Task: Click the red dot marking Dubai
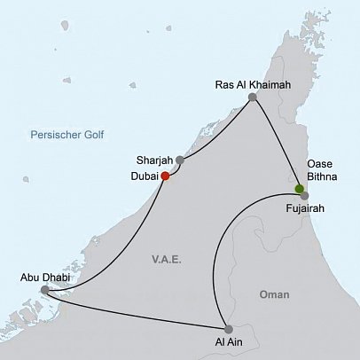[x=165, y=176]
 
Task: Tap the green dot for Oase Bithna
[x=299, y=187]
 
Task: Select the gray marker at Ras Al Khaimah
[x=253, y=98]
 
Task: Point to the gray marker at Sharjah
[x=180, y=160]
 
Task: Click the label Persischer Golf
[x=67, y=135]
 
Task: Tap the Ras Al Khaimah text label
[x=253, y=85]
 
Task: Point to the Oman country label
[x=274, y=293]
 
